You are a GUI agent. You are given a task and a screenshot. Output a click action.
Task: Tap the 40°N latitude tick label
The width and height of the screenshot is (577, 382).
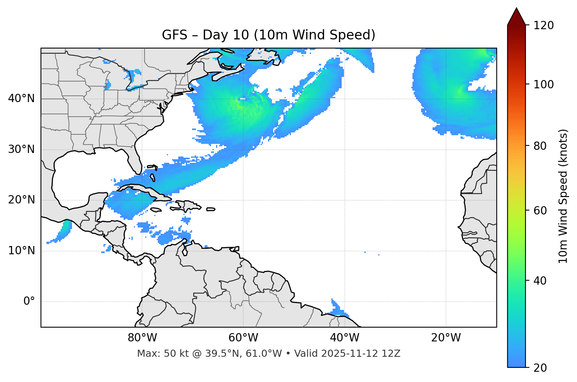point(21,99)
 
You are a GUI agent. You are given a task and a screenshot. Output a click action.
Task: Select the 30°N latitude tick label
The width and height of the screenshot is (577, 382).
point(21,149)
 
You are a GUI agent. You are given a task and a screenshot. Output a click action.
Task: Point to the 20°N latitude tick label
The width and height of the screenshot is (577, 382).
point(21,200)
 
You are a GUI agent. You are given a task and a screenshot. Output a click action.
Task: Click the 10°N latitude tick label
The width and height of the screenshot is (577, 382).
point(21,251)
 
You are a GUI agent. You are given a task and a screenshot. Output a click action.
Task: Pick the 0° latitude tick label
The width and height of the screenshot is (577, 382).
point(29,302)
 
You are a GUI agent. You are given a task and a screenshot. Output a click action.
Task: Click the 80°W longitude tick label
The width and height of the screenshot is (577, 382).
point(142,338)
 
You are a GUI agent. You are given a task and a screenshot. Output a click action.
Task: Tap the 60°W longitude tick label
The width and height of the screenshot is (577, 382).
point(243,338)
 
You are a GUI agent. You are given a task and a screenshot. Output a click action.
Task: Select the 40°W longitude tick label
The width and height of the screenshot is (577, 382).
point(344,338)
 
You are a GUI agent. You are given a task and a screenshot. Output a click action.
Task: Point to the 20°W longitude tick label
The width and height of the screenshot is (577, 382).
point(446,338)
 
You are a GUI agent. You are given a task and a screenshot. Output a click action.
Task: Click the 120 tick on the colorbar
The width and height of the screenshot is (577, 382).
point(544,25)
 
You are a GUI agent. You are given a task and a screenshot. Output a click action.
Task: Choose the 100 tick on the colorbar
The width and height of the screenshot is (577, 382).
point(544,84)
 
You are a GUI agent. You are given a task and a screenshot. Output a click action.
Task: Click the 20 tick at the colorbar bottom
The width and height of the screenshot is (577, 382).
point(540,368)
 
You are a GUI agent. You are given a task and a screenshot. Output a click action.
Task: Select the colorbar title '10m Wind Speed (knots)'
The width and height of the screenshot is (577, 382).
point(563,196)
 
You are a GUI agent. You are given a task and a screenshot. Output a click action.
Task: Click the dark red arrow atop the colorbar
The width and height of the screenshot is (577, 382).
point(516,17)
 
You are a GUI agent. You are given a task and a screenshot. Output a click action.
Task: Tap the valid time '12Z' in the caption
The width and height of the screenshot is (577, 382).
point(392,354)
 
